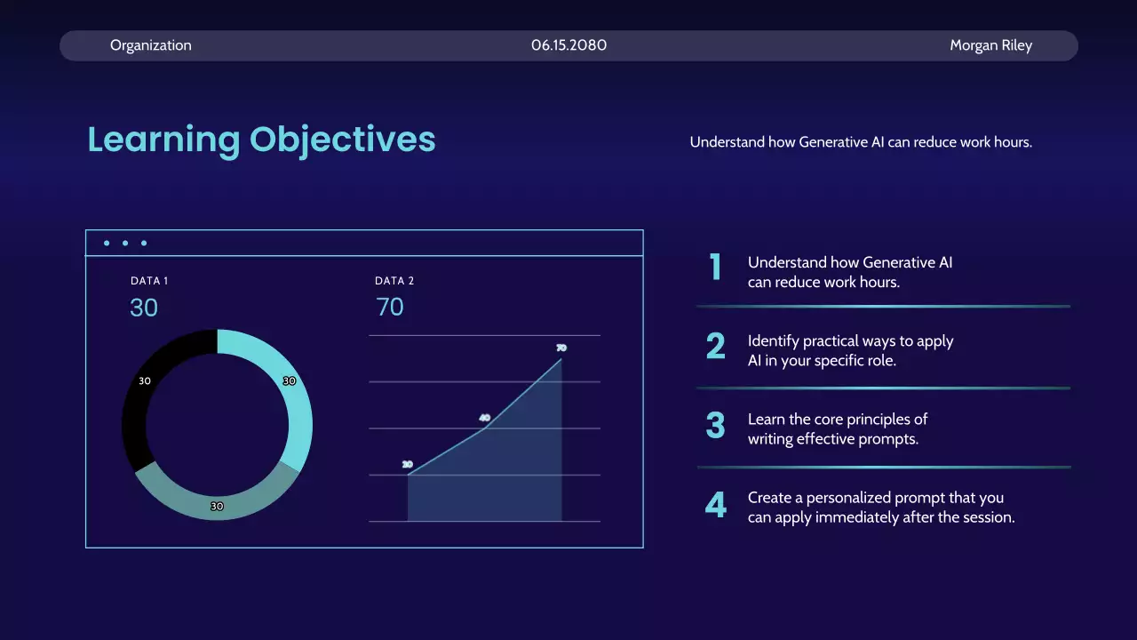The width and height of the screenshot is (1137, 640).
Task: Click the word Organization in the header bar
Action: (151, 45)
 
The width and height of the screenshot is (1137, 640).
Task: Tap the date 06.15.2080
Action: (569, 45)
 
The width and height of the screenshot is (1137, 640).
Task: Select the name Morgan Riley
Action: (990, 45)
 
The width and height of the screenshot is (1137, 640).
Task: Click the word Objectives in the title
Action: (343, 140)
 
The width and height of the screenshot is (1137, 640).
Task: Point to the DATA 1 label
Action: (149, 281)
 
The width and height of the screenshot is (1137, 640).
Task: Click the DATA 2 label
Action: (394, 281)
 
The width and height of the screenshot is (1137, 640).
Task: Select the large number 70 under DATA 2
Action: (390, 307)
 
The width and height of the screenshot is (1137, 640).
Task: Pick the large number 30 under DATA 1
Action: (144, 308)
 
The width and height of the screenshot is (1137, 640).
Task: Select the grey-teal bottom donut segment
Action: (218, 506)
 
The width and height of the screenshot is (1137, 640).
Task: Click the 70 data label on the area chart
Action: (561, 348)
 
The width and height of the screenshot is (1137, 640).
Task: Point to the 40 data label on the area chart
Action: (485, 418)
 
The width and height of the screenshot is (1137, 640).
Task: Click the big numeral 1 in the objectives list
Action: (716, 267)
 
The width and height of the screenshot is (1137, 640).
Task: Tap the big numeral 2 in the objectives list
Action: (716, 346)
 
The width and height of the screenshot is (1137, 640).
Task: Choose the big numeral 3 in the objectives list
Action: (716, 425)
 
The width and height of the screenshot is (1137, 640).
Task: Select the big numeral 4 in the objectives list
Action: (716, 505)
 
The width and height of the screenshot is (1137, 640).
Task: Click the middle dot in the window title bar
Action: (125, 244)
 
